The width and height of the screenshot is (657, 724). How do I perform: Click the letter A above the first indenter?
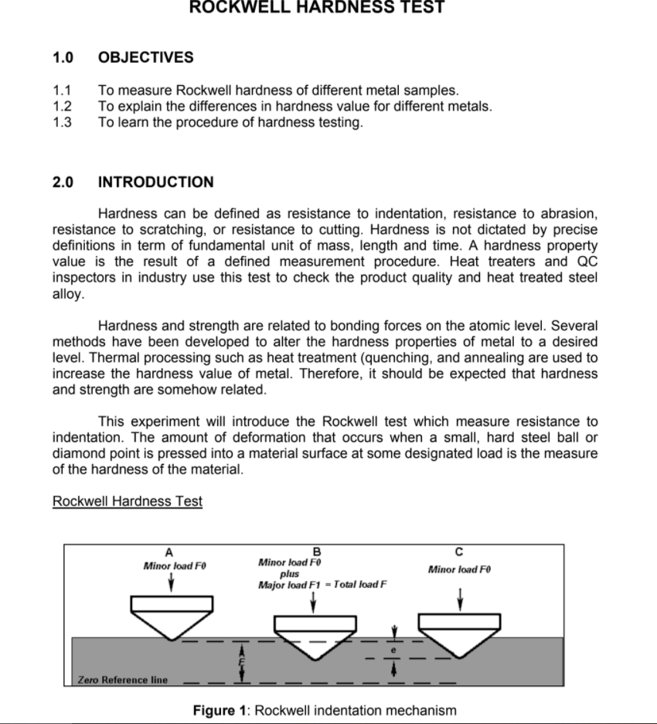click(x=170, y=552)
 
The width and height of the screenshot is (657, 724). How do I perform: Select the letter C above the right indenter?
click(x=459, y=552)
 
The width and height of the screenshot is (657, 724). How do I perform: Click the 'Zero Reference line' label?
click(x=122, y=680)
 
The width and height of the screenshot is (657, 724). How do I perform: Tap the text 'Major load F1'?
click(x=287, y=585)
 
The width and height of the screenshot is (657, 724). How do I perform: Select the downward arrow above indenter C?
click(x=460, y=597)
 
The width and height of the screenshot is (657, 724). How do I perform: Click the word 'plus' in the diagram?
click(x=289, y=574)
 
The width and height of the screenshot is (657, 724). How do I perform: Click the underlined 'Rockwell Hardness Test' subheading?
click(x=128, y=501)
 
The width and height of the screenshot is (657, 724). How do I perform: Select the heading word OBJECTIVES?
click(x=145, y=58)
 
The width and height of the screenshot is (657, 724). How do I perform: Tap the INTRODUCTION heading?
click(x=155, y=183)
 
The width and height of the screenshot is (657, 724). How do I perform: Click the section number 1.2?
click(x=62, y=107)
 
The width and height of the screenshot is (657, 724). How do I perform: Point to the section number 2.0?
click(x=63, y=183)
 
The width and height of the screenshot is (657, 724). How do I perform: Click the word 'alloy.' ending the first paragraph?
click(x=68, y=294)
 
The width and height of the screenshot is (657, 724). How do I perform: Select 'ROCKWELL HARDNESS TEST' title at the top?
click(x=317, y=8)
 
